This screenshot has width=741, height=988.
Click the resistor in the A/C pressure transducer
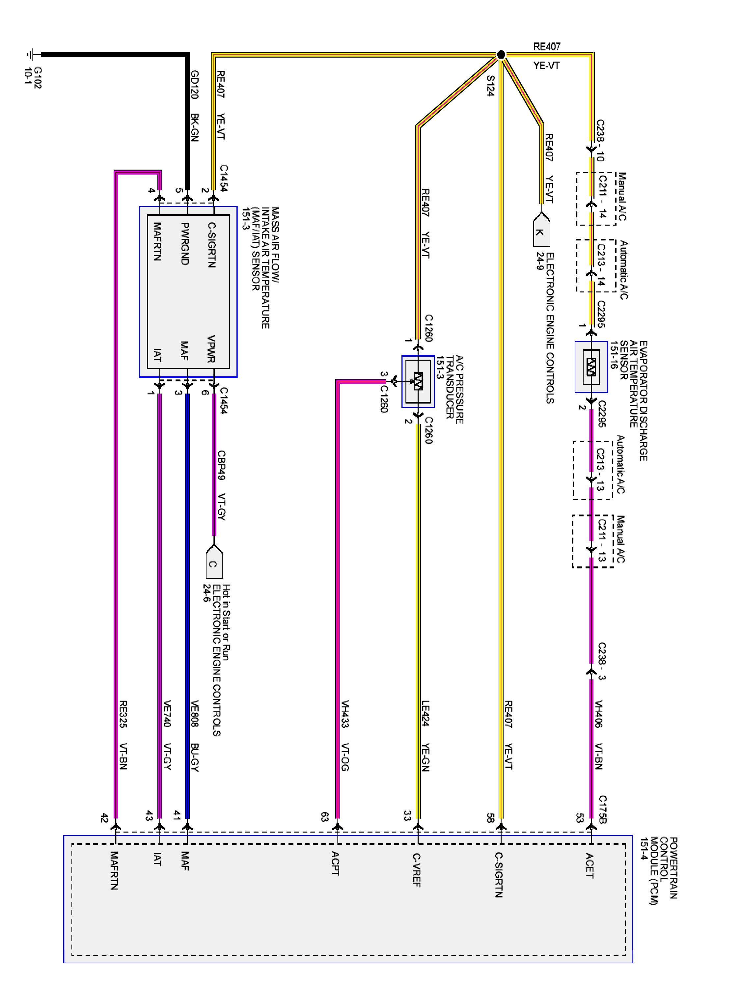(x=418, y=381)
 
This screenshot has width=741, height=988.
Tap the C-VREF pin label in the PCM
(x=417, y=882)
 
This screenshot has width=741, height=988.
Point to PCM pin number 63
(x=325, y=816)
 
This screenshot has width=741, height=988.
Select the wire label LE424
(x=425, y=713)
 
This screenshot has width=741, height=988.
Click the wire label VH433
(x=345, y=714)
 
